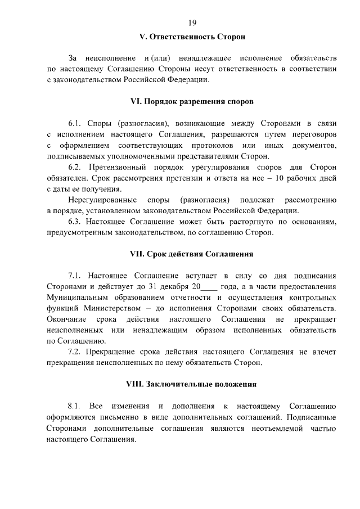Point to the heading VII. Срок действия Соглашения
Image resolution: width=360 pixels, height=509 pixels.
pyautogui.click(x=192, y=254)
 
